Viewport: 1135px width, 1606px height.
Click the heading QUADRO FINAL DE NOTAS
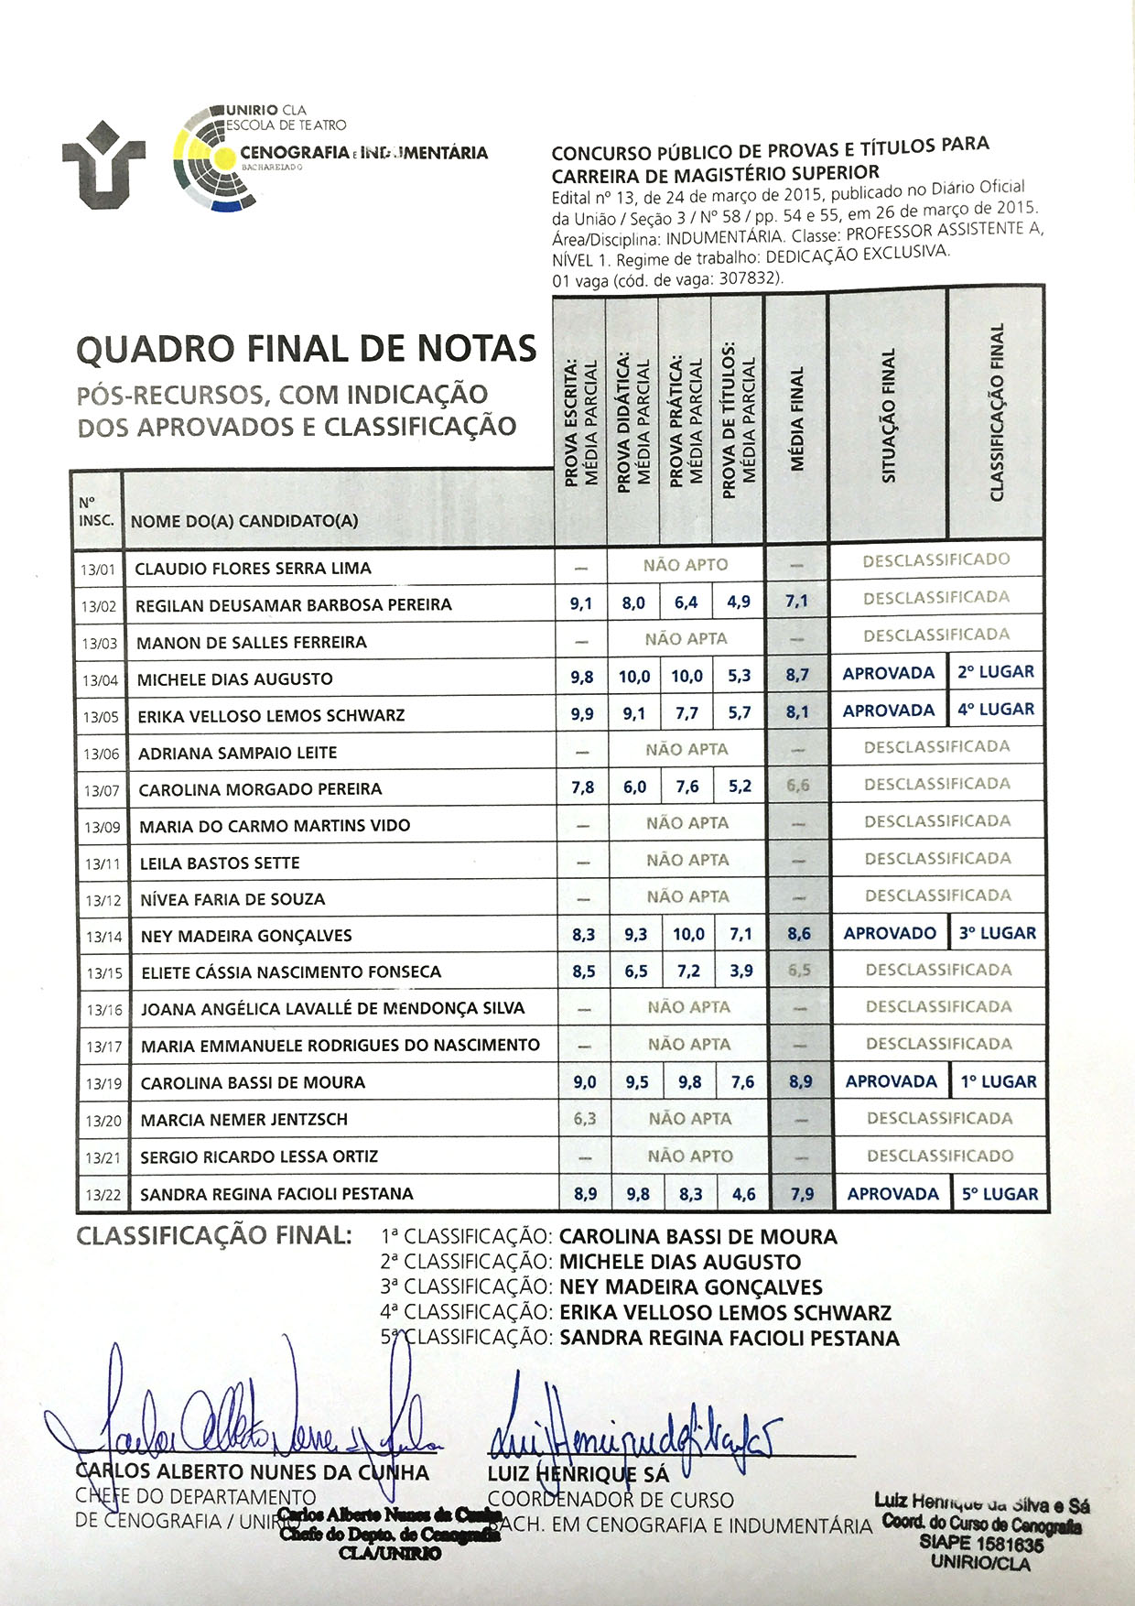(307, 349)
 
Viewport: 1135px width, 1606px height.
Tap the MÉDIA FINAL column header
(796, 419)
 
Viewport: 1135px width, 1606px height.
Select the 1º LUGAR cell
(998, 1081)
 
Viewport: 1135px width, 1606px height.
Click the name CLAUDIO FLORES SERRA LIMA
(253, 569)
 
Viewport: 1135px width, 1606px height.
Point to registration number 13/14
(103, 937)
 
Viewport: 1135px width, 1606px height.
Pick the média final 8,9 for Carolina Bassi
(800, 1081)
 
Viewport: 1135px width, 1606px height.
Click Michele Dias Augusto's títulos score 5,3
(739, 676)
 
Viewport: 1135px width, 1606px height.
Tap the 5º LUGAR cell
(1000, 1194)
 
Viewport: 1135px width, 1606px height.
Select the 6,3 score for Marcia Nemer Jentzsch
(584, 1118)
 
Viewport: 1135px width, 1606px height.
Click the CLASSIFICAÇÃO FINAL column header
(997, 412)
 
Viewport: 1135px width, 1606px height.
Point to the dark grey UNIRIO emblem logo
(103, 169)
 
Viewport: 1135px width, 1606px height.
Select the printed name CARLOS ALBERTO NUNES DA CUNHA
(253, 1472)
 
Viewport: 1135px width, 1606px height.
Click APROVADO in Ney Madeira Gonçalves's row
(890, 934)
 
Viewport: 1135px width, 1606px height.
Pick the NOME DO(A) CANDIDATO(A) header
(244, 522)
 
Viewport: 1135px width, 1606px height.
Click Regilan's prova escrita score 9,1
(580, 603)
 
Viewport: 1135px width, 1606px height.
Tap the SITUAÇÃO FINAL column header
(888, 416)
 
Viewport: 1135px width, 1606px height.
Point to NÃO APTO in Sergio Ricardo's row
(689, 1156)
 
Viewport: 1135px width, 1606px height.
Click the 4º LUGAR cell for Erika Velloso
(996, 710)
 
